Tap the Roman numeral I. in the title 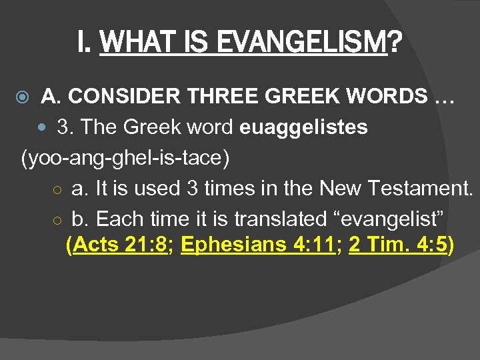click(x=84, y=44)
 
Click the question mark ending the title click(x=395, y=44)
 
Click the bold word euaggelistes click(x=303, y=127)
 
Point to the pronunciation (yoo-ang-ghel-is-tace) click(x=125, y=158)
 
